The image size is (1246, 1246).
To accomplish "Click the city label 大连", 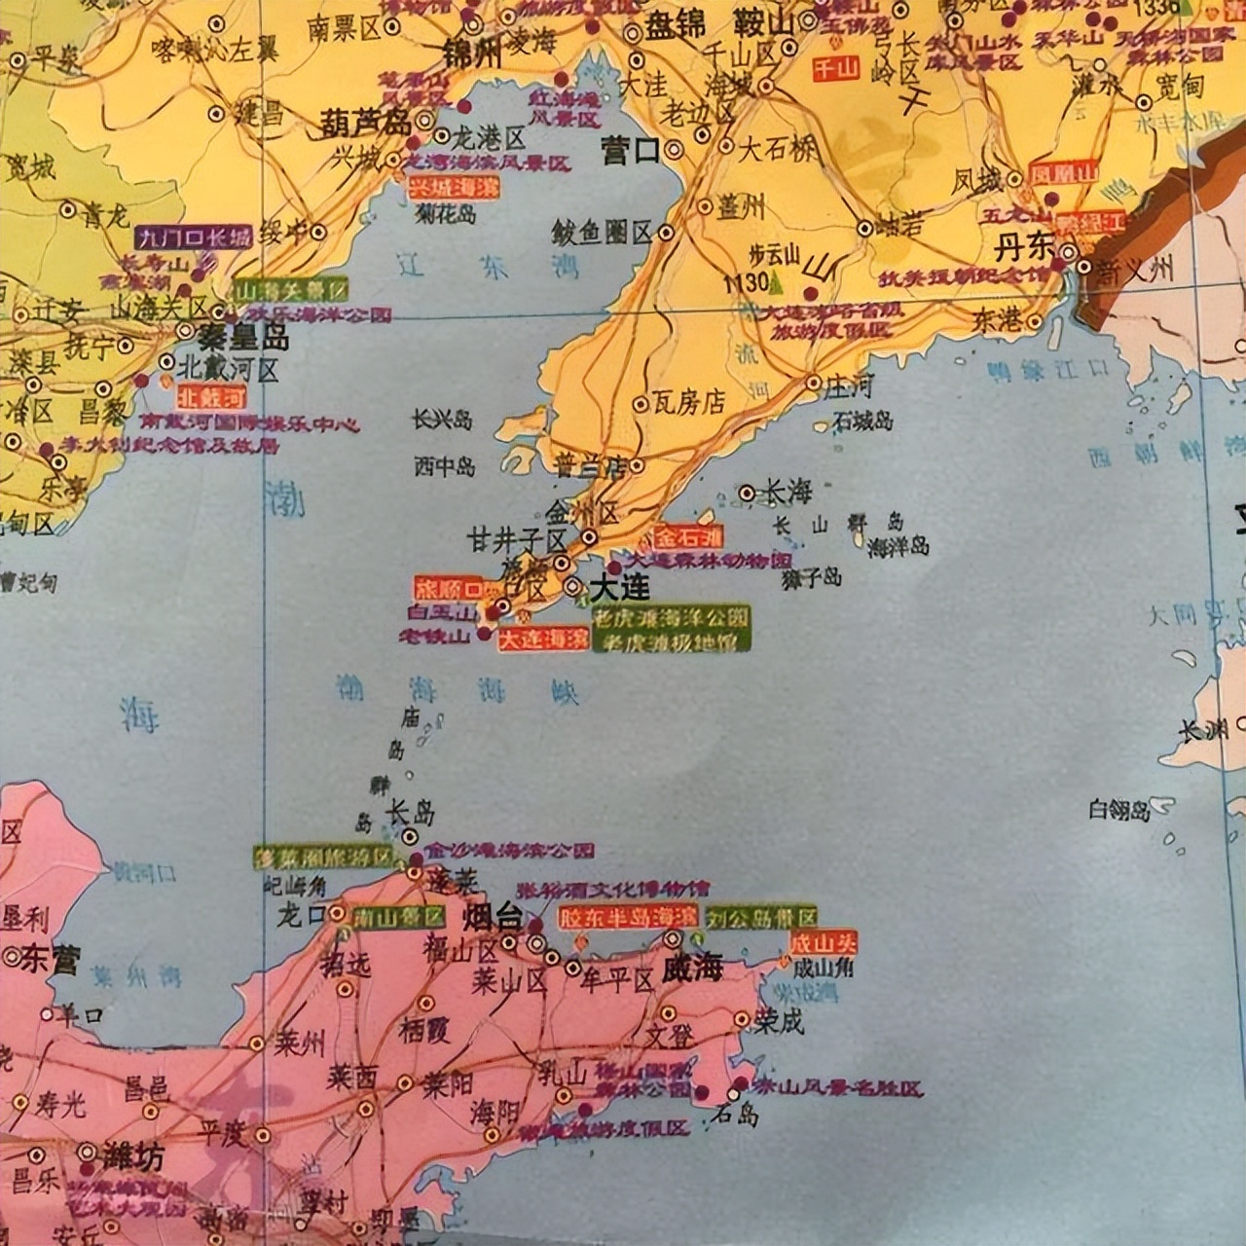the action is [620, 588].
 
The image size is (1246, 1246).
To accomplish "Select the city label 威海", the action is [692, 970].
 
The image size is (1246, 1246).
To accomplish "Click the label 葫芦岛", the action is [366, 122].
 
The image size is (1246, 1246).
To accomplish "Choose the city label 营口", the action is [631, 151].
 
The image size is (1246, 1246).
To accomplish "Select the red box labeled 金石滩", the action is [688, 536].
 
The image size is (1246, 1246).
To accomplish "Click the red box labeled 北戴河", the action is [212, 397].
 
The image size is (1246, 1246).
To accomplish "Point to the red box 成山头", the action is [824, 941].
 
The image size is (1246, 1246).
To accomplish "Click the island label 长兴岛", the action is [442, 420].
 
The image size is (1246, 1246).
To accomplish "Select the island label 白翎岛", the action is [1119, 809].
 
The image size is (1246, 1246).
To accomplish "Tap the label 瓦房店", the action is [690, 402].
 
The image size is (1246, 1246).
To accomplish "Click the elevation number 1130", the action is [745, 282].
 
